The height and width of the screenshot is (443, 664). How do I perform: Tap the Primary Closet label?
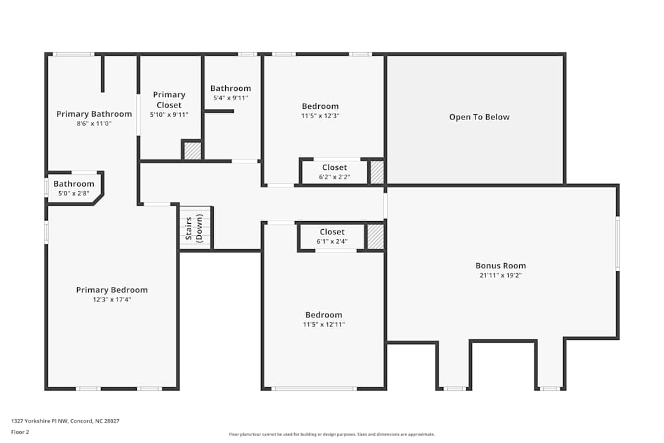coord(169,100)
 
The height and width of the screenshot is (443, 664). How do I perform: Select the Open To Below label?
coord(479,118)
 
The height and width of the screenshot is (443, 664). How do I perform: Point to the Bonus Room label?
coord(501,266)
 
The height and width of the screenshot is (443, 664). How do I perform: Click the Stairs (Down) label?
coord(194,228)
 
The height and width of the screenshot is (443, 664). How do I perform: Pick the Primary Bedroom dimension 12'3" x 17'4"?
coord(112,300)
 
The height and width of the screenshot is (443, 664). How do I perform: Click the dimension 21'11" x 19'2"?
coord(501,275)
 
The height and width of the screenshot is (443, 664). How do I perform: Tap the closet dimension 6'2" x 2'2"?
coord(335,177)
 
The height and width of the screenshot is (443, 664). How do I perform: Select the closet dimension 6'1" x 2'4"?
coord(332,241)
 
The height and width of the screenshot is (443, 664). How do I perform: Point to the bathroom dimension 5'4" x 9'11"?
coord(230,98)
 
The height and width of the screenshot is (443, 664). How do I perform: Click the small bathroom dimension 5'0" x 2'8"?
coord(74,193)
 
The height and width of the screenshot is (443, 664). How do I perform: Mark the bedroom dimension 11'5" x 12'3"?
coord(320,116)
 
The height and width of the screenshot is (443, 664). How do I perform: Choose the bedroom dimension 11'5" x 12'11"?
coord(324,324)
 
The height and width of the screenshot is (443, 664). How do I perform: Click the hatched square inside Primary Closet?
coord(192,151)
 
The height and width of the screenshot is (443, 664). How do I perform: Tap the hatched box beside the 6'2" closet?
coord(376,172)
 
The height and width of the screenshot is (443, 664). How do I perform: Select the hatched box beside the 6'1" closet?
coord(375,237)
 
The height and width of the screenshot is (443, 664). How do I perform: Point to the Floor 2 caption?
coord(20,432)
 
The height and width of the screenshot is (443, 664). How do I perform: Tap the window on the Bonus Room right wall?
coord(618,243)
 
